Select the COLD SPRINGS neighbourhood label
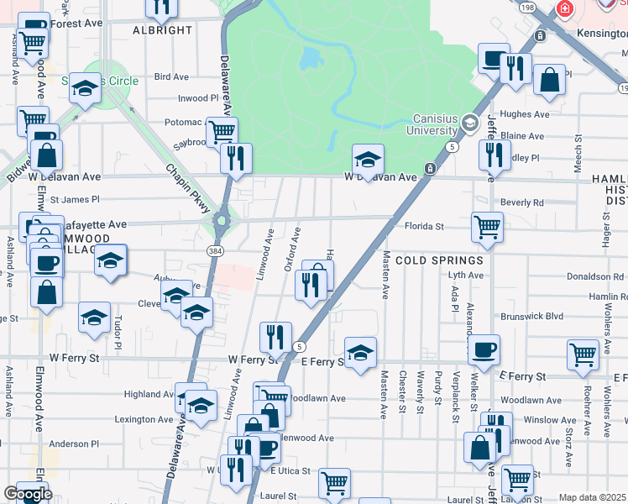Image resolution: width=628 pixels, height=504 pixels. coord(439,260)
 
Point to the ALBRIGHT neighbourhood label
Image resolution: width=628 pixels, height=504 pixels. coord(163,30)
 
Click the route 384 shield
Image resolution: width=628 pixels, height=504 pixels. coord(215,250)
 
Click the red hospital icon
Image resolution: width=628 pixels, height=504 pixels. coord(565,9)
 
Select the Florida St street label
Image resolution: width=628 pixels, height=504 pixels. coord(425,227)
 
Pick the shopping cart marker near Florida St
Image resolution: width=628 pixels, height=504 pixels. coord(487,226)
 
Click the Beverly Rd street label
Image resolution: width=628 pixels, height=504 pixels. coord(521,202)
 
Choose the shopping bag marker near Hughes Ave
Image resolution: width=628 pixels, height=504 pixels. coord(549,81)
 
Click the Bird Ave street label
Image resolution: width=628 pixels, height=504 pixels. coord(172,77)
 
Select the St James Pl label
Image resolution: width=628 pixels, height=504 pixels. coord(75,200)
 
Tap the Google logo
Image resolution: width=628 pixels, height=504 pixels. coord(28,495)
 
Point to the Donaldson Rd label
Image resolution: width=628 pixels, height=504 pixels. coord(597,276)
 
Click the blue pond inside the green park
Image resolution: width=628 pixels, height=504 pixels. coord(309,57)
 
